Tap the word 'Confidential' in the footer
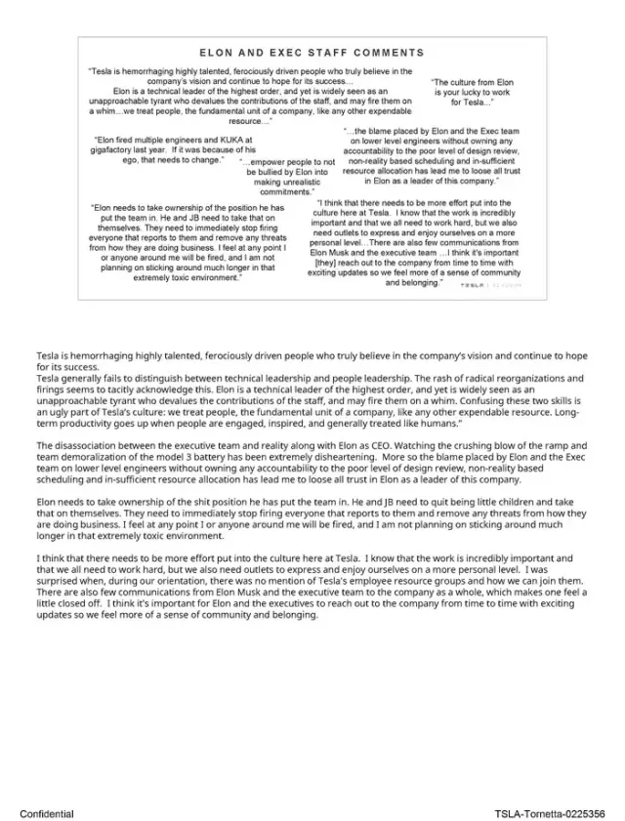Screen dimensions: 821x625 pyautogui.click(x=46, y=812)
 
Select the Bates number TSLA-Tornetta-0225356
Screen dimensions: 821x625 pyautogui.click(x=549, y=812)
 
